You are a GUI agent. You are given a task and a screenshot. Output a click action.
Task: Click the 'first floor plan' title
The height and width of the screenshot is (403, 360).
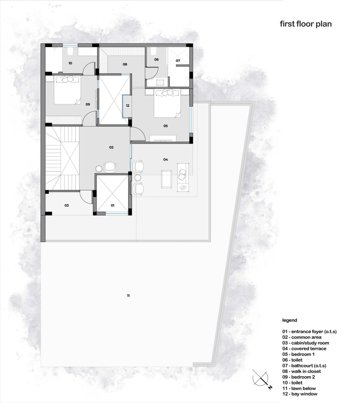tap(306, 24)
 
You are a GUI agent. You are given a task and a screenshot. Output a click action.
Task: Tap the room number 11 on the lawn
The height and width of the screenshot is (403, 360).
tap(128, 296)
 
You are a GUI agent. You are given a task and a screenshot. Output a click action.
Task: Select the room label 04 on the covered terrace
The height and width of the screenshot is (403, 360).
tap(165, 159)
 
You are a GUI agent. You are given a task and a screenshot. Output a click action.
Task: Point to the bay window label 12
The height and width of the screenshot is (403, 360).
tap(128, 106)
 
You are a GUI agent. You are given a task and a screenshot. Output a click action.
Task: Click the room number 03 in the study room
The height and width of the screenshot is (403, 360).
tap(67, 205)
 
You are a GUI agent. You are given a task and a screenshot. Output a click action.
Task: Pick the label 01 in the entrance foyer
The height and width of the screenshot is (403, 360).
tap(112, 205)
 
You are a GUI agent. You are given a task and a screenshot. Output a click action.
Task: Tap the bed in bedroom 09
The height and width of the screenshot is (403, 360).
tap(67, 90)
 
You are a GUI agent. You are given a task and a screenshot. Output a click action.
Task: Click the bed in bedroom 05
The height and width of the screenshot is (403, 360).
tap(167, 103)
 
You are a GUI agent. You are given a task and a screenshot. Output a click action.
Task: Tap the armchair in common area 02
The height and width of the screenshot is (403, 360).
tap(110, 167)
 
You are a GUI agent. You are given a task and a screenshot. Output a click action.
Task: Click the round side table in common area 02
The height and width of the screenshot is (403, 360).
tap(99, 169)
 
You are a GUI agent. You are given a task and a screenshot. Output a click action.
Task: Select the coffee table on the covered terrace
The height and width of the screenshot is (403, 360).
tap(166, 179)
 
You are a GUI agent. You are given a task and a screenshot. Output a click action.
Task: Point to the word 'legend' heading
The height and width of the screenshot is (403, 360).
tap(289, 320)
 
